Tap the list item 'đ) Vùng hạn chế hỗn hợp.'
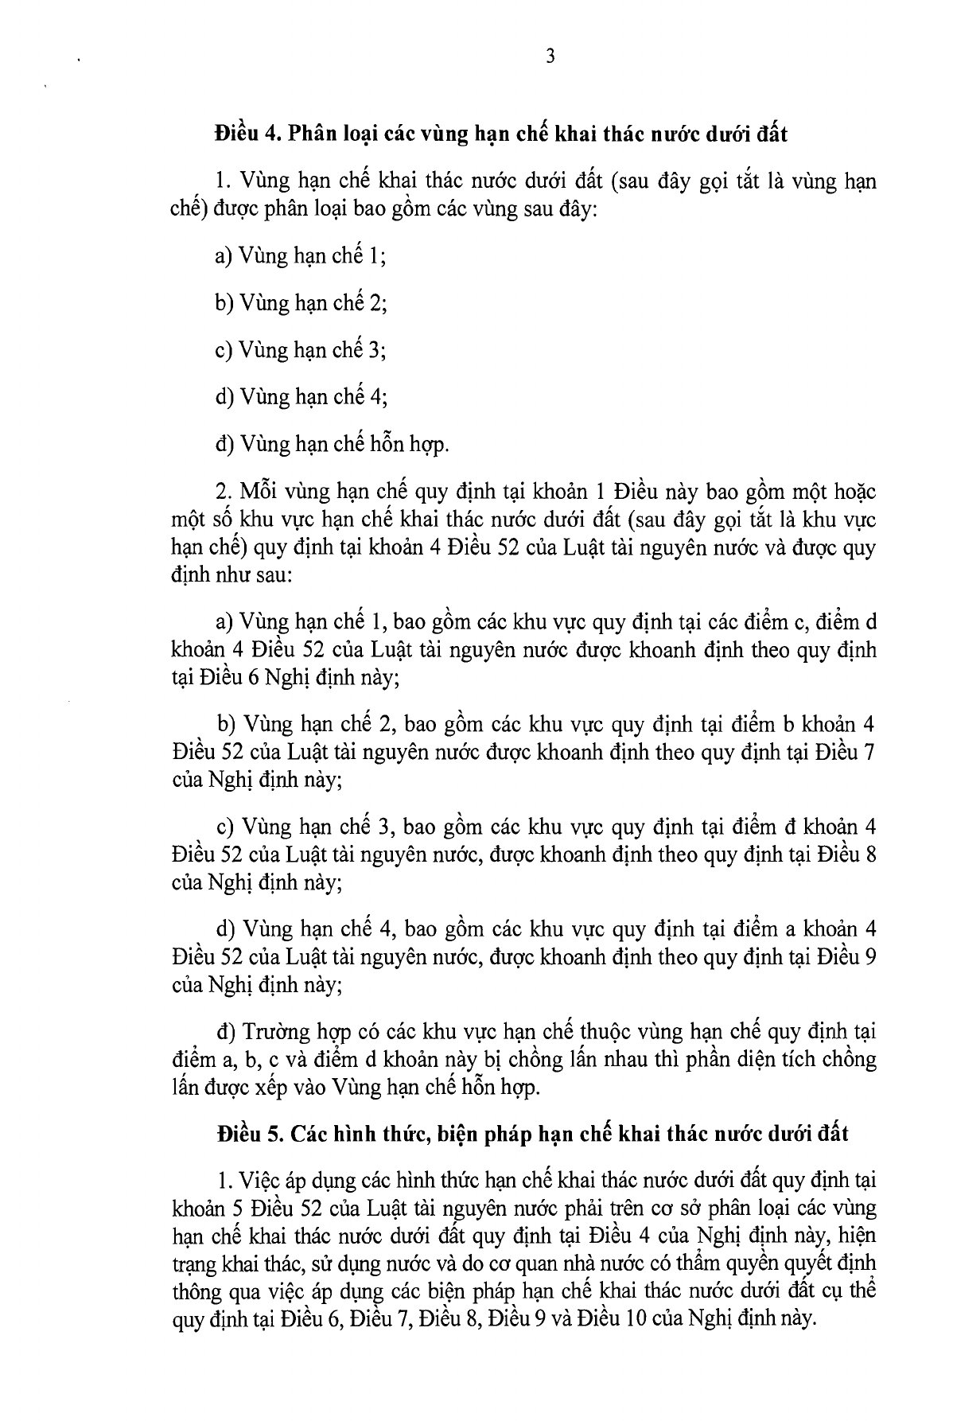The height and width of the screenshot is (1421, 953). pos(332,442)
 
